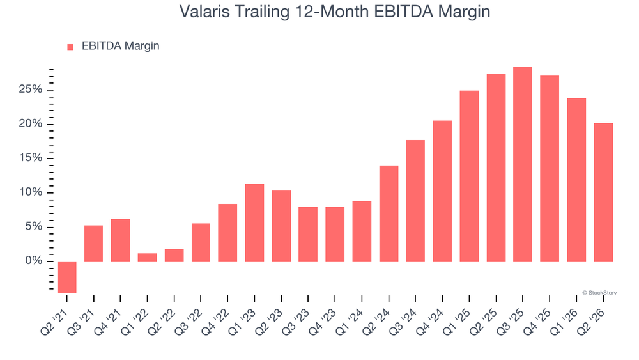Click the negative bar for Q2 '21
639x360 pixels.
click(67, 277)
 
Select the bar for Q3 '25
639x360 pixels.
click(523, 164)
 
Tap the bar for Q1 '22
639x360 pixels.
click(147, 257)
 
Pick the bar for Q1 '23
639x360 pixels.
click(254, 223)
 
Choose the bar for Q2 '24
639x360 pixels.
click(389, 213)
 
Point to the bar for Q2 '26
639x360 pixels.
click(604, 192)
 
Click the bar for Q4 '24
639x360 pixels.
click(442, 191)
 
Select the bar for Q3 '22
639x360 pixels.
click(201, 242)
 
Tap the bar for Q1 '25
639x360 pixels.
click(469, 176)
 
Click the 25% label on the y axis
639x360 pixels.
click(31, 90)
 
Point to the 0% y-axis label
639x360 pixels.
click(34, 260)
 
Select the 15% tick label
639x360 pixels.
click(31, 158)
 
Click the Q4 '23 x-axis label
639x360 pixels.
click(323, 322)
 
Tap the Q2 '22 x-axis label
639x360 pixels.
click(162, 322)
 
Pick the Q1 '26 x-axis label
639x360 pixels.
click(564, 322)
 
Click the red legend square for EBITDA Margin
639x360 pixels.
click(70, 47)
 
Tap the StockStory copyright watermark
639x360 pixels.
click(599, 293)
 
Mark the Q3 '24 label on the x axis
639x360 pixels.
click(403, 322)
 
